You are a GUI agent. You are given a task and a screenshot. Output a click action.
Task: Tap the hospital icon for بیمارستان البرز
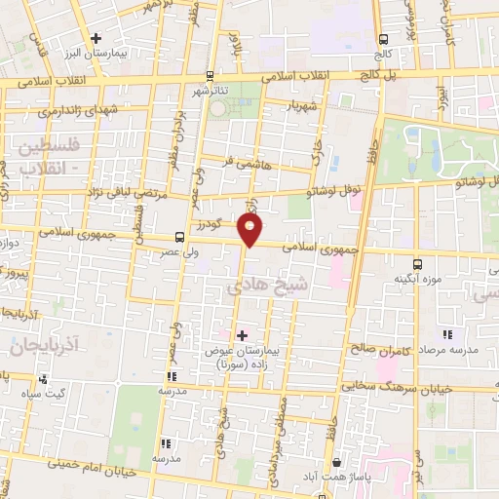click(x=96, y=40)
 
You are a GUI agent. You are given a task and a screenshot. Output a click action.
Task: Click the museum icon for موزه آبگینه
click(x=418, y=263)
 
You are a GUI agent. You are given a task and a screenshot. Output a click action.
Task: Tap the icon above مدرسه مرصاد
click(x=447, y=335)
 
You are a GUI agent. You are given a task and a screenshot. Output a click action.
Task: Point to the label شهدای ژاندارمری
click(x=74, y=110)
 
